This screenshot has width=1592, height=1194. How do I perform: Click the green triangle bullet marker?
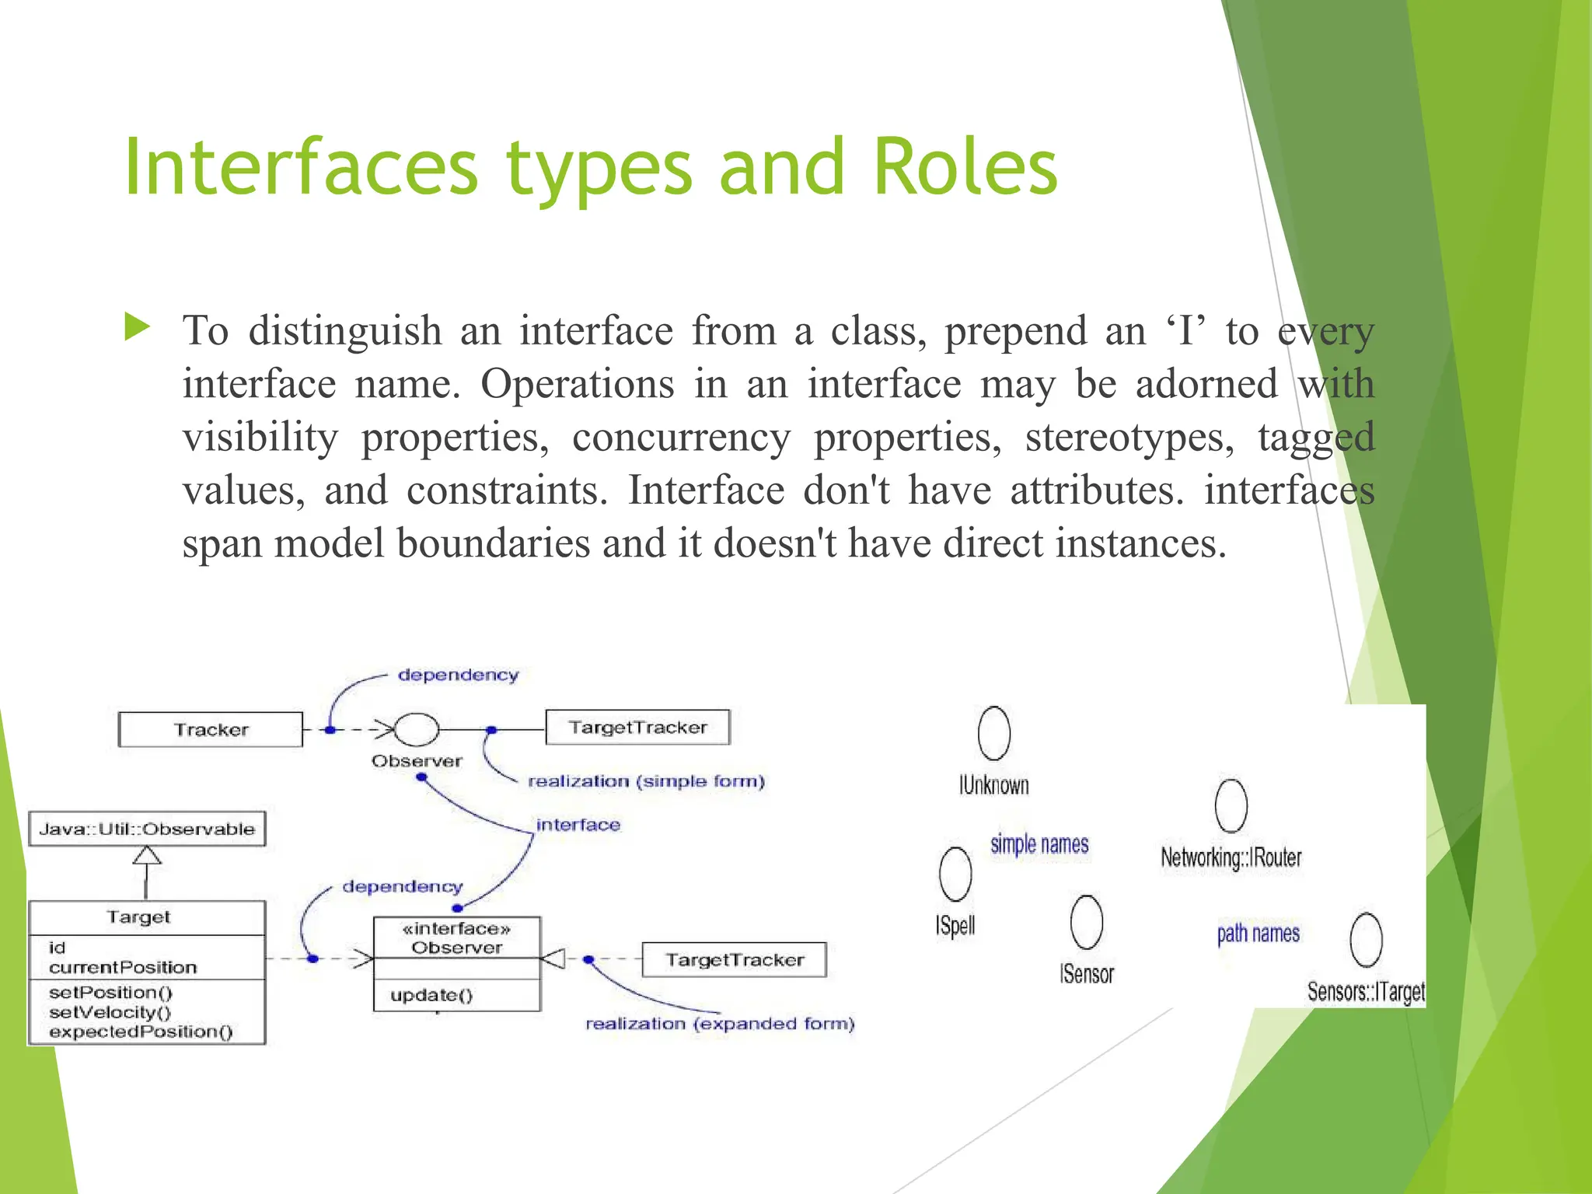coord(137,327)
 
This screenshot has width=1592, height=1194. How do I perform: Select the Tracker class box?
coord(210,729)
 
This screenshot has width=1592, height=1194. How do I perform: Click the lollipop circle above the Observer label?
coord(417,729)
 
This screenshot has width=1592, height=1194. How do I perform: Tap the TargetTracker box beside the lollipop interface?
coord(637,728)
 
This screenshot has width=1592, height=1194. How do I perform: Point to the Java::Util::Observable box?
coord(147,829)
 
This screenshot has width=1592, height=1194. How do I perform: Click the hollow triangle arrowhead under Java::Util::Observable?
coord(147,856)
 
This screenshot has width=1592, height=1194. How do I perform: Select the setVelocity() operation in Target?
coord(110,1012)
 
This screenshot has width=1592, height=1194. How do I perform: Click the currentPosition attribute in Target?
coord(123,967)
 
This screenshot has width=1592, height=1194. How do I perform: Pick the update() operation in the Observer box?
coord(431,995)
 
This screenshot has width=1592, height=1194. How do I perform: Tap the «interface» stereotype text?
coord(457,928)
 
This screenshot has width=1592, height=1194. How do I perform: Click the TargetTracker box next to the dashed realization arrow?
coord(734,960)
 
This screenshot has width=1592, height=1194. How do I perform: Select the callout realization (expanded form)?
coord(720,1024)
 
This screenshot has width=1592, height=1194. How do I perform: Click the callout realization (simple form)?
coord(646,781)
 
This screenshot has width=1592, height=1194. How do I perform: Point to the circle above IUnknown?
coord(993,733)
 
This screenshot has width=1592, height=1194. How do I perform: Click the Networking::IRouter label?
coord(1231,857)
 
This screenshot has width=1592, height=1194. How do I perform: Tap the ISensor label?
coord(1086,974)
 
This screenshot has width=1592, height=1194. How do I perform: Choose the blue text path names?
coord(1258,933)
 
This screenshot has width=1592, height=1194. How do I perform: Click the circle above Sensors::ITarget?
coord(1366,940)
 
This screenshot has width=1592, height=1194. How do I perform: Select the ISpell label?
coord(955,925)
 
